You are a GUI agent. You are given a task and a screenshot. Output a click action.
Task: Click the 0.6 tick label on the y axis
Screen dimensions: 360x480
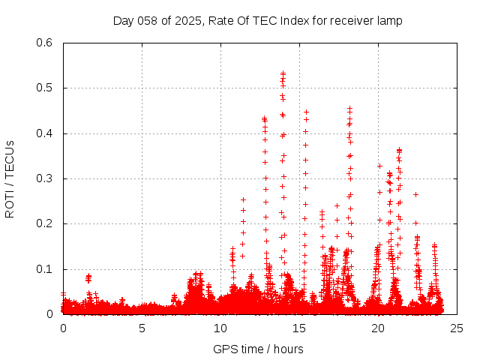(x=44, y=43)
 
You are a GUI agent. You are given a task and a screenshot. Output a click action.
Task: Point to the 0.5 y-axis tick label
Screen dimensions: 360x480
(x=44, y=88)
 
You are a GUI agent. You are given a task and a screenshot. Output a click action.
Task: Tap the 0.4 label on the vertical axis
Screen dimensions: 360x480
(x=44, y=133)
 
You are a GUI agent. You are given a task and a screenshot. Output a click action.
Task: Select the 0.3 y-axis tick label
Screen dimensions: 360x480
(x=44, y=179)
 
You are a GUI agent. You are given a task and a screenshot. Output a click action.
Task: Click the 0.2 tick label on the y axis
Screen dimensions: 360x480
(x=44, y=224)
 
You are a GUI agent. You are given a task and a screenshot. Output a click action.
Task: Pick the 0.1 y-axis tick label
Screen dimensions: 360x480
(x=44, y=269)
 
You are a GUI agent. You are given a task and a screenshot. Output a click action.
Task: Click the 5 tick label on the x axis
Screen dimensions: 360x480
(x=142, y=328)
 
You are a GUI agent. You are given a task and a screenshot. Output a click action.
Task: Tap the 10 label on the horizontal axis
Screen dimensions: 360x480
(x=220, y=328)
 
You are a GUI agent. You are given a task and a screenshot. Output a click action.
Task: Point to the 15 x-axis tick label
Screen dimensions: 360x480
(x=299, y=328)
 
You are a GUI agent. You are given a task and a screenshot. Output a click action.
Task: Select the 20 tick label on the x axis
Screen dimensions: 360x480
(x=378, y=328)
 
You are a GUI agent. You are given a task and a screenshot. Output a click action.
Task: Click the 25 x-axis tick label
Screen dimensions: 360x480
(x=457, y=328)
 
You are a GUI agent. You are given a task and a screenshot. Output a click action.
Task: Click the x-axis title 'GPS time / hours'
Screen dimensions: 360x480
(x=258, y=349)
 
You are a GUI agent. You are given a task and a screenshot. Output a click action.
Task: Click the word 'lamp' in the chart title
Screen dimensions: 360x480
(x=389, y=21)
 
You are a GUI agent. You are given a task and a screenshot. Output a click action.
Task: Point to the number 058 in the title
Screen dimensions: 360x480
(x=149, y=21)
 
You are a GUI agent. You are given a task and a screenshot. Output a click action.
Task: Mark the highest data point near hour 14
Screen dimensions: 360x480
(x=283, y=73)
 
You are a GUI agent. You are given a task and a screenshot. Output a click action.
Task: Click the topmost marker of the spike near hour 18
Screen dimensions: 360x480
(x=349, y=108)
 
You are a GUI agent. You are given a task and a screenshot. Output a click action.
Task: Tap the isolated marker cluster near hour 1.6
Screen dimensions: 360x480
(x=88, y=277)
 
